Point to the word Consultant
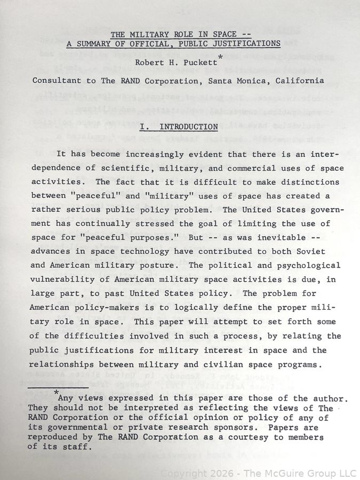coord(57,81)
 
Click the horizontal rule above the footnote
coord(51,388)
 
